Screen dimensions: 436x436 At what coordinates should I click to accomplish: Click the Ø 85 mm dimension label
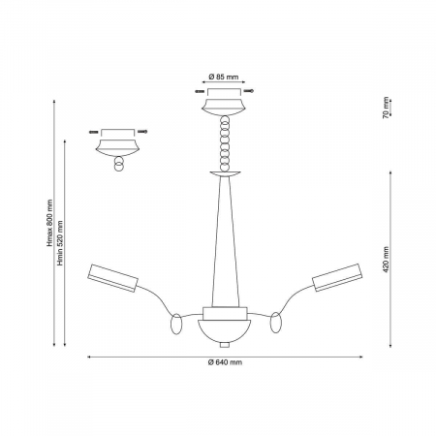pyautogui.click(x=224, y=77)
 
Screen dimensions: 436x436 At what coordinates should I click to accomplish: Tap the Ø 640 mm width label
pyautogui.click(x=225, y=362)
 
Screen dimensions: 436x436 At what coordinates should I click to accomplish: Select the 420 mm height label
pyautogui.click(x=386, y=260)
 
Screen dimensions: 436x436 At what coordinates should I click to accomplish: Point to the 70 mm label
pyautogui.click(x=386, y=108)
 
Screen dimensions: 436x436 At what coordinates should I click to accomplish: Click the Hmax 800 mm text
pyautogui.click(x=49, y=223)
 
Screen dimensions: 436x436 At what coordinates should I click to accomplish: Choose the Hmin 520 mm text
pyautogui.click(x=60, y=243)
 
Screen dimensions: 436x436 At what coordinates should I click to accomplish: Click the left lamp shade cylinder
pyautogui.click(x=112, y=278)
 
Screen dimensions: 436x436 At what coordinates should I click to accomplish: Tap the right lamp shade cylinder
pyautogui.click(x=337, y=278)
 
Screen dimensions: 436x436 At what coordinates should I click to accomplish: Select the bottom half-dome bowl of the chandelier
pyautogui.click(x=225, y=331)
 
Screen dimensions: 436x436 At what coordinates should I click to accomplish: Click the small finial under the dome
pyautogui.click(x=225, y=345)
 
